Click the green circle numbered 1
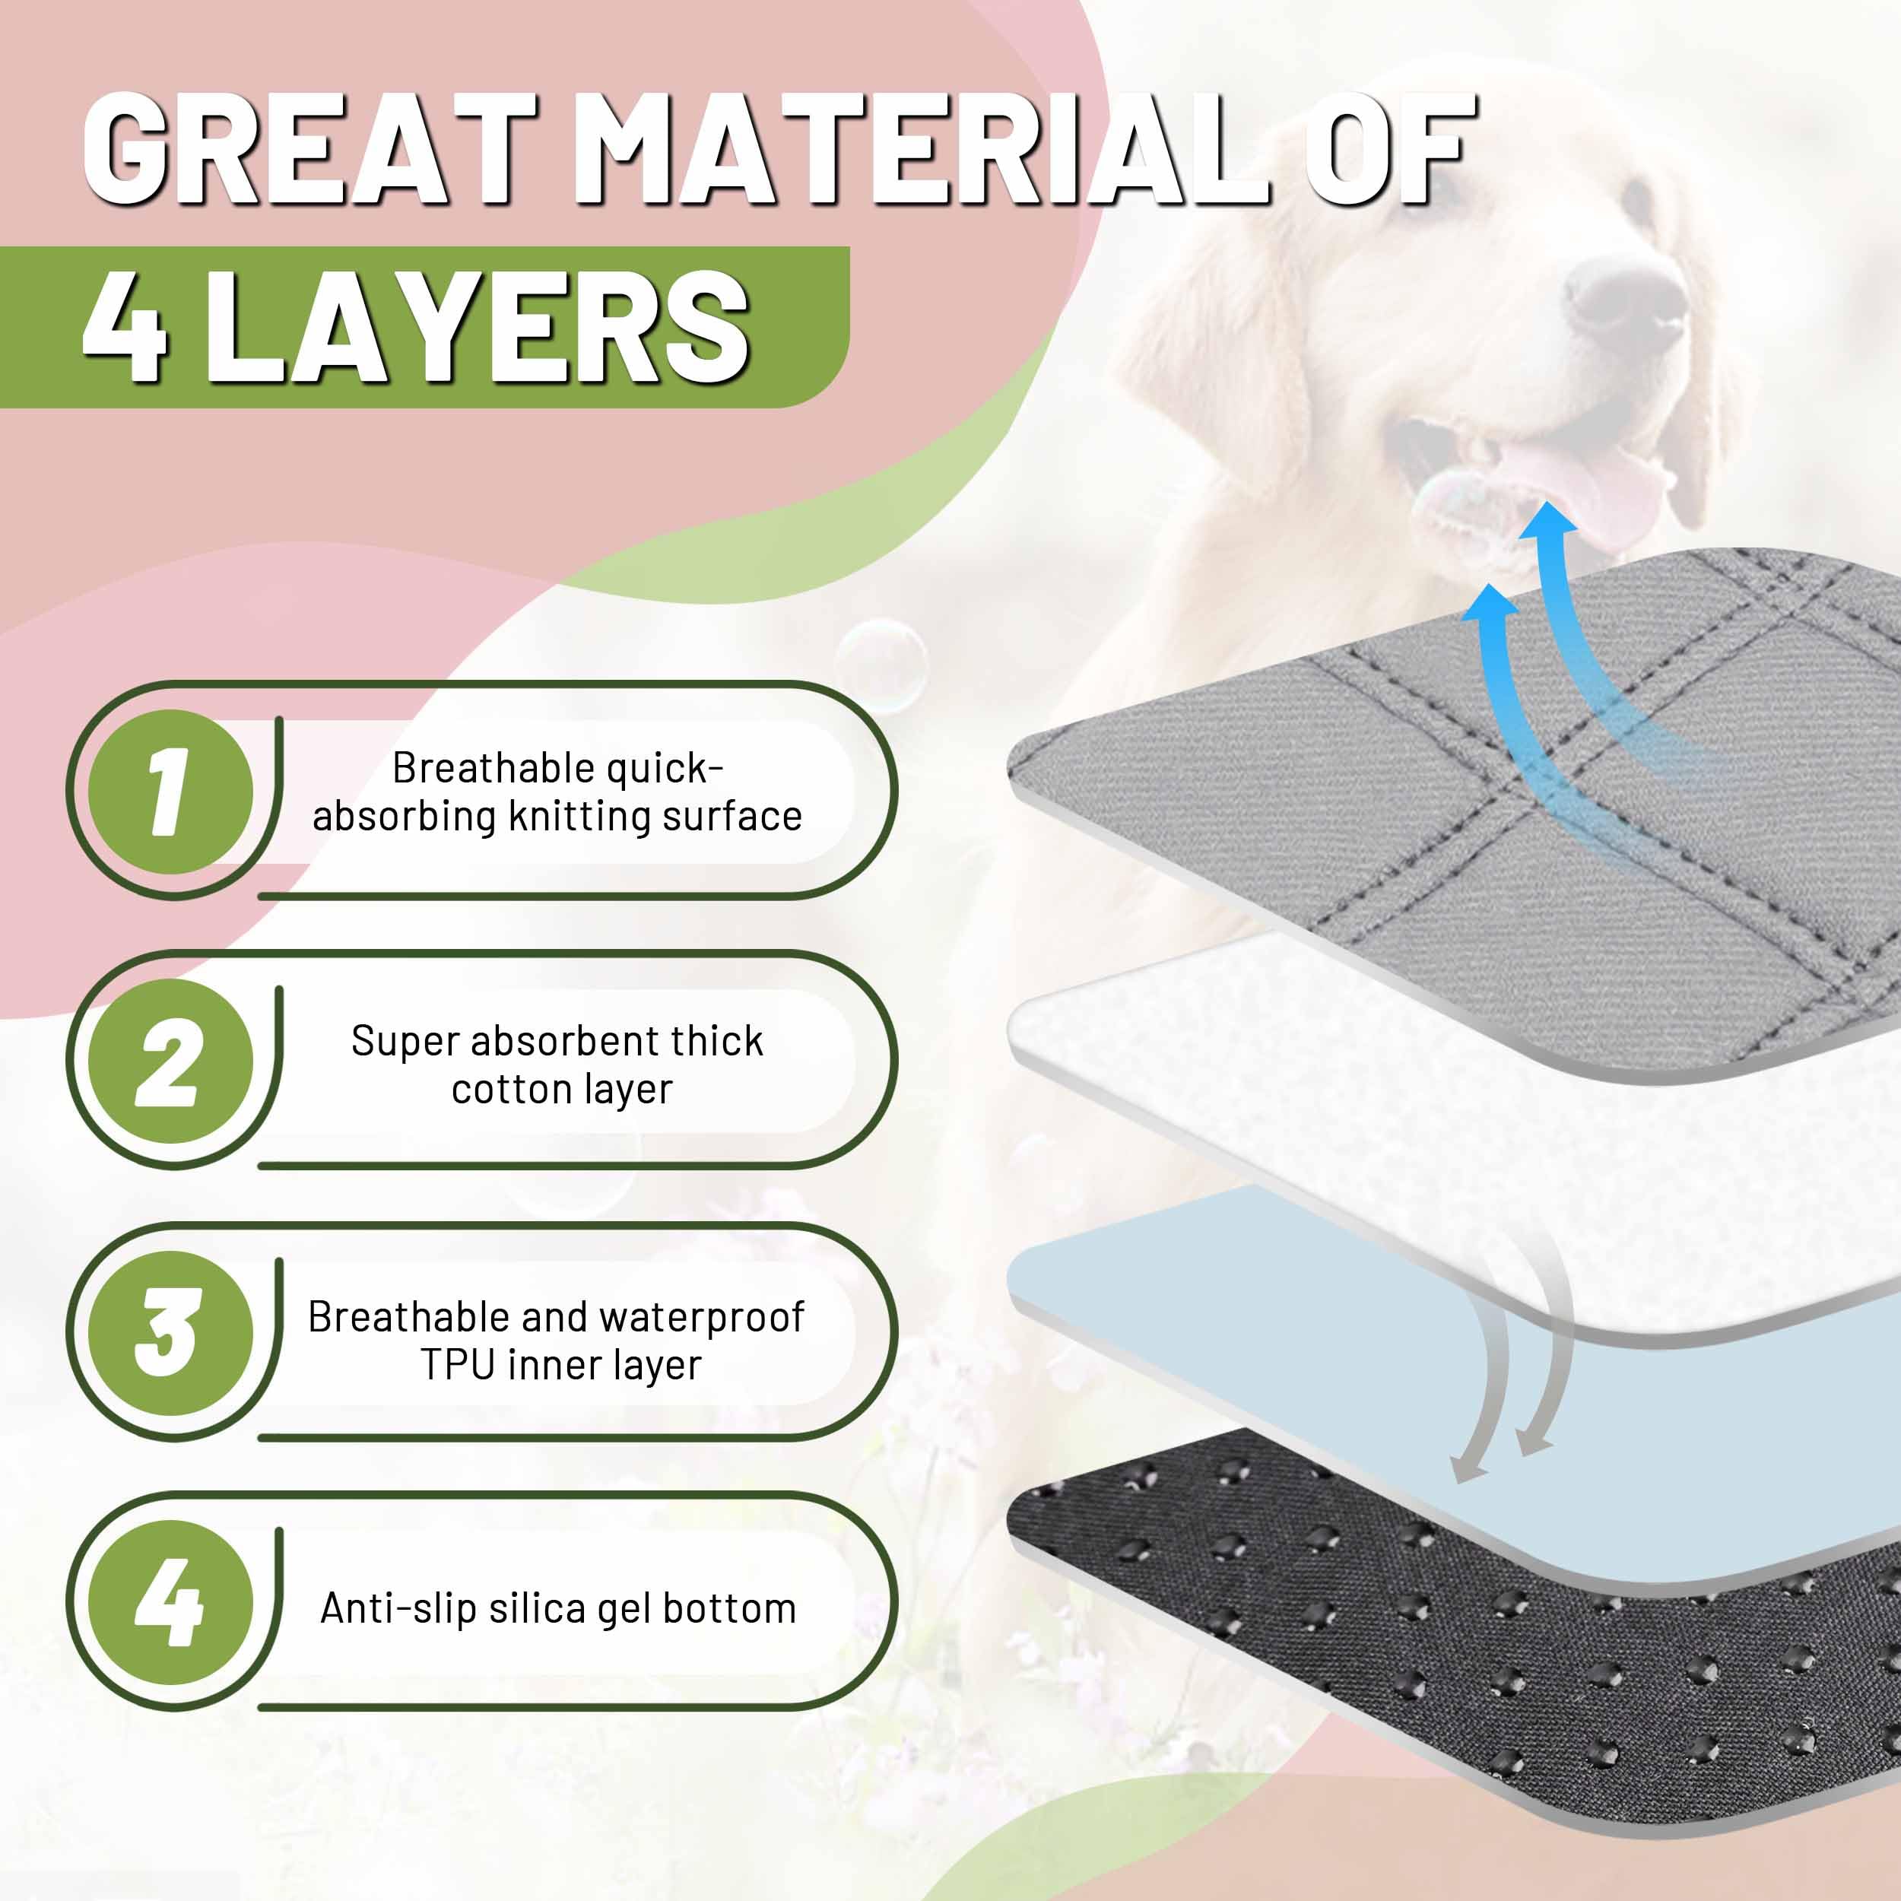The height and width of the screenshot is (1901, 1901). point(170,792)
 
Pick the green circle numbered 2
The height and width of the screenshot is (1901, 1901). point(170,1062)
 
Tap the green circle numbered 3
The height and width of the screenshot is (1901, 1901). point(170,1333)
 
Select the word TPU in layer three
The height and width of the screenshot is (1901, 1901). point(458,1365)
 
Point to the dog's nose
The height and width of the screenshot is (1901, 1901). point(1626,295)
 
